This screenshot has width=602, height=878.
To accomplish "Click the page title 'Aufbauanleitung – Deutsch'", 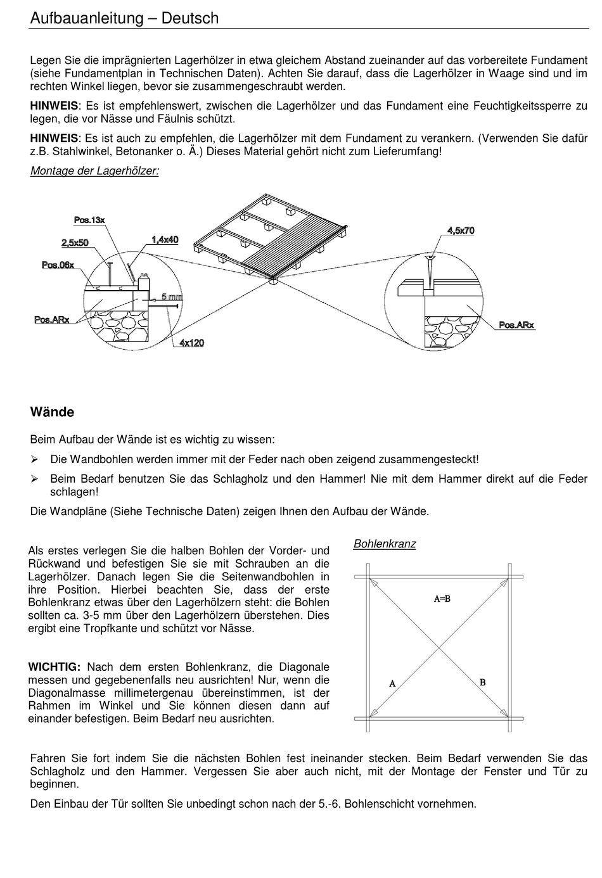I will [124, 18].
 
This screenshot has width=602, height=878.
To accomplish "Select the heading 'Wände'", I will [52, 412].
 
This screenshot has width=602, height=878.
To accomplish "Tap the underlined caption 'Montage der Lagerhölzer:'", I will [94, 171].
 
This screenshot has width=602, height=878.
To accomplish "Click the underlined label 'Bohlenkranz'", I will [385, 544].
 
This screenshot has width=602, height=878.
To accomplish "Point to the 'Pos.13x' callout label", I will [89, 220].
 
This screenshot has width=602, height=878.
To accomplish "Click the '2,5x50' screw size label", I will [75, 242].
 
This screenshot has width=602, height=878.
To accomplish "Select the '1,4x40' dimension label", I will [165, 239].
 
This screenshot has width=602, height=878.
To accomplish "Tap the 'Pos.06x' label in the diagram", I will [58, 265].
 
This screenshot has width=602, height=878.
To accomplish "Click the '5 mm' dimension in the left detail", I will [172, 296].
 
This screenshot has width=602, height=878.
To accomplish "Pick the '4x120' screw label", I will [191, 343].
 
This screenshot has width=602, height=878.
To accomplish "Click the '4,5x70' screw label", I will [461, 231].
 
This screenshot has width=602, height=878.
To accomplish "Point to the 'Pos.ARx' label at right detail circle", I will [516, 325].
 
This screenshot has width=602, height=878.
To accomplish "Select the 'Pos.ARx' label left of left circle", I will [52, 320].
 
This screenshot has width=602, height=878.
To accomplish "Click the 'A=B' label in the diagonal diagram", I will [442, 598].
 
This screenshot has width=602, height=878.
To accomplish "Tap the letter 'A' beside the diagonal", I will [392, 684].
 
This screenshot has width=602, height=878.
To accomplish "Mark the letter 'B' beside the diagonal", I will [483, 682].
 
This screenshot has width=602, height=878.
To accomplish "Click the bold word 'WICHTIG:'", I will [54, 667].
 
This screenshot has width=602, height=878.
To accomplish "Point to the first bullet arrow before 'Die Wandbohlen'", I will [35, 459].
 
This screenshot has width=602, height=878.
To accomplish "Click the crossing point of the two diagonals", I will [439, 647].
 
